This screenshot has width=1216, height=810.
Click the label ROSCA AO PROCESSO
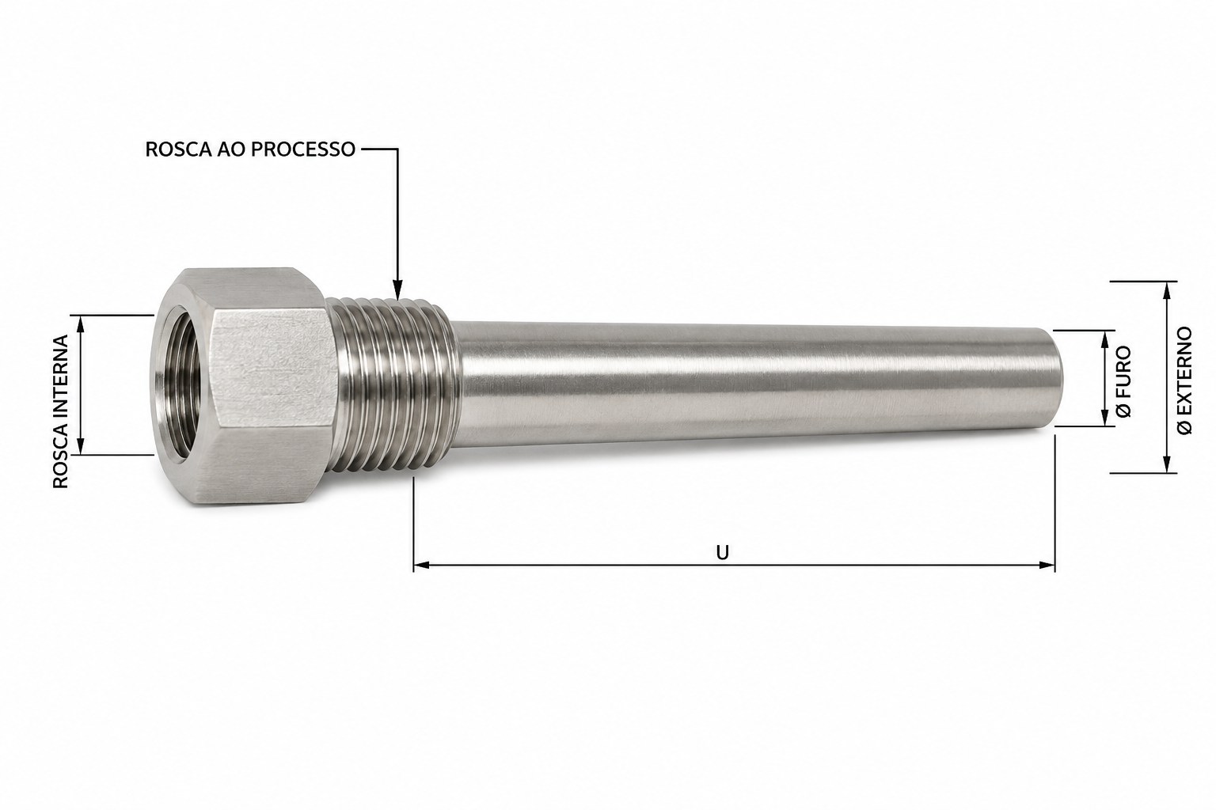point(250,150)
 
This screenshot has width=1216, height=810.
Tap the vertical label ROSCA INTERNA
point(61,411)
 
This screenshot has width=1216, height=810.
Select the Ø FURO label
point(1124,381)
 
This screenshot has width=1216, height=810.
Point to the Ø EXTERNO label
point(1184,380)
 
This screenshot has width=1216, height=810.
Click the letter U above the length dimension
point(722,553)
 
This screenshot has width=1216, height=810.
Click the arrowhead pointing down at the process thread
point(397,290)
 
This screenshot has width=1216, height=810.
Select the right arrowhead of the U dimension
point(1047,566)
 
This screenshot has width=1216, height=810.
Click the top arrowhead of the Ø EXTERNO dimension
point(1165,290)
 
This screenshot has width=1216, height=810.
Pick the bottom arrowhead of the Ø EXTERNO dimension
point(1165,464)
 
